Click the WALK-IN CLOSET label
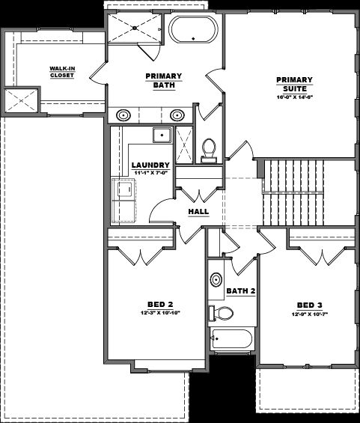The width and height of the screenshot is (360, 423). [x=61, y=70]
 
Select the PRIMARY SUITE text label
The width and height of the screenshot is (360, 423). [x=293, y=83]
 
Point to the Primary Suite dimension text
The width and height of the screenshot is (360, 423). [x=293, y=97]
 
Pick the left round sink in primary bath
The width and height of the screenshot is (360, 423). [x=124, y=115]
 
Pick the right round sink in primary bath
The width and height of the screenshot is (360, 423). [x=177, y=115]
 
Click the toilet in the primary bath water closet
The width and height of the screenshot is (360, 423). [x=209, y=149]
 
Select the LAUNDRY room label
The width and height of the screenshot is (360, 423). [x=150, y=165]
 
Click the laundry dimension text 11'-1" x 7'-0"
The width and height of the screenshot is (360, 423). [x=150, y=173]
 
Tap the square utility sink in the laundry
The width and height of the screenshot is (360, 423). [x=161, y=136]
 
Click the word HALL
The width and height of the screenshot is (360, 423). [x=198, y=211]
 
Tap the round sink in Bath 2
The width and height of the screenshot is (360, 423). [x=217, y=277]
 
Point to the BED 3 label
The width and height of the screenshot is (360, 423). [x=310, y=305]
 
